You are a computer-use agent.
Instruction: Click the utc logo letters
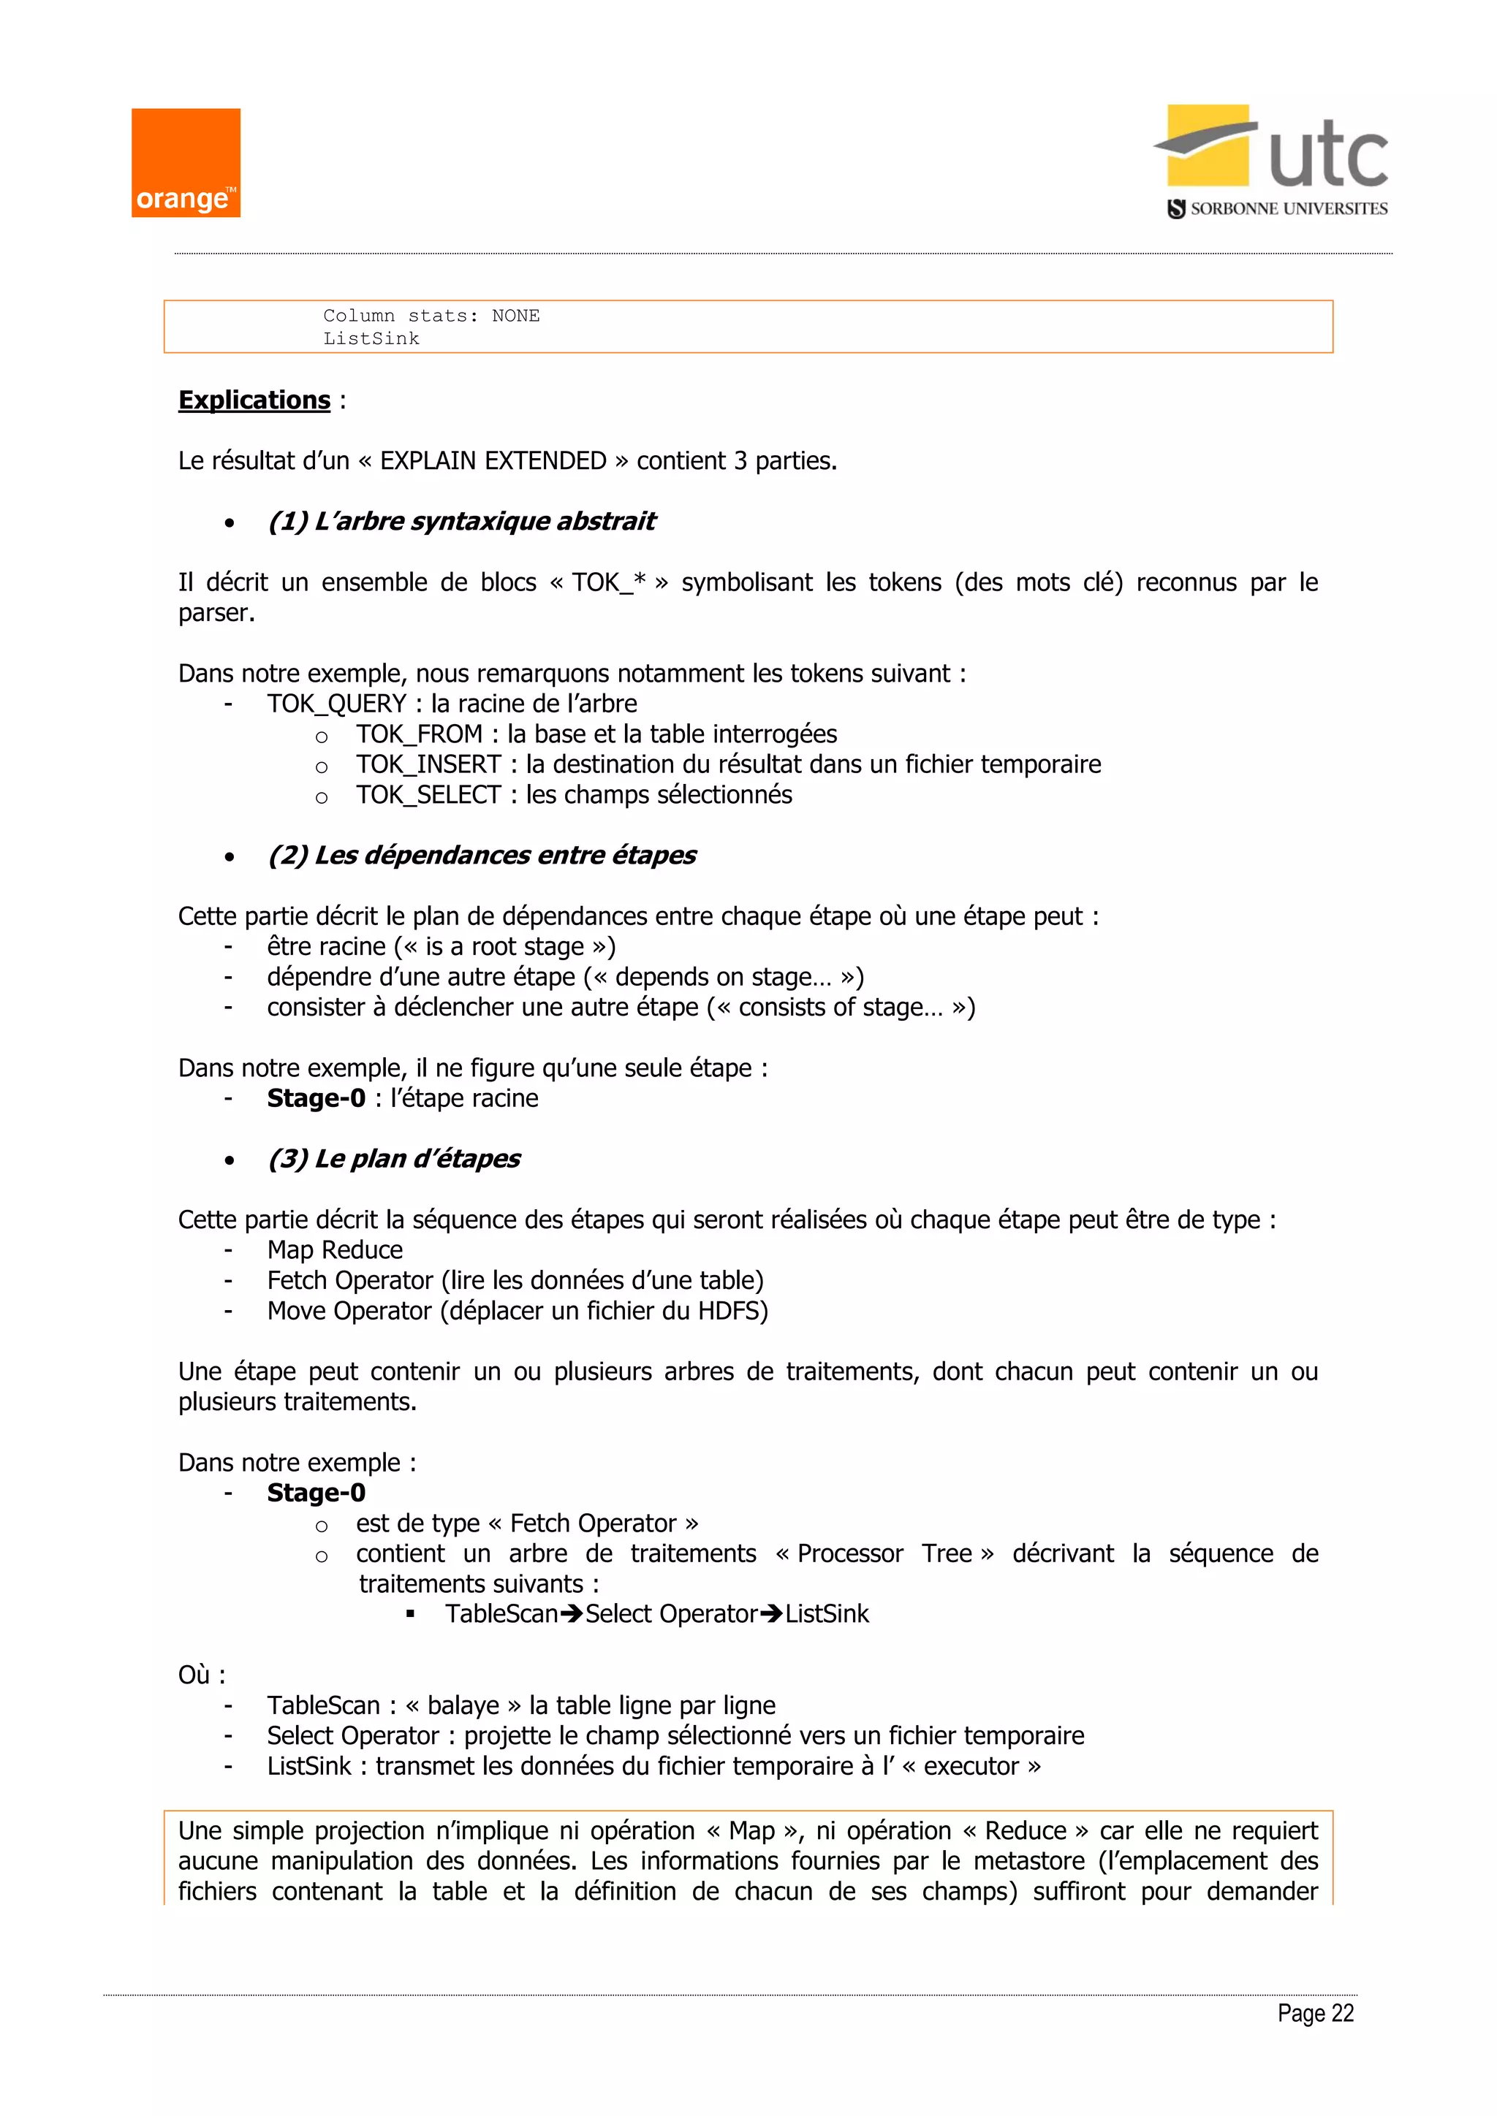(1327, 156)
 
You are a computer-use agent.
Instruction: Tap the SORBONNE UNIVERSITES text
(1288, 209)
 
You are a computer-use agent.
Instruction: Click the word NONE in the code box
(515, 316)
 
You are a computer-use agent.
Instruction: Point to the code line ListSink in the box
(371, 339)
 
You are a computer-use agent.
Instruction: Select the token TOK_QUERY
(336, 704)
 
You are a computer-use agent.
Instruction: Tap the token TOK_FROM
(420, 734)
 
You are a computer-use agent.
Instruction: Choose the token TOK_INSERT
(428, 765)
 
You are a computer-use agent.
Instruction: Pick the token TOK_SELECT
(428, 796)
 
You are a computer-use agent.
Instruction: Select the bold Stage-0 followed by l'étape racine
(317, 1098)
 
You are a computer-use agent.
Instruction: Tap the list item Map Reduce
(335, 1251)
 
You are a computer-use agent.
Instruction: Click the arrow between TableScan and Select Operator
(572, 1615)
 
